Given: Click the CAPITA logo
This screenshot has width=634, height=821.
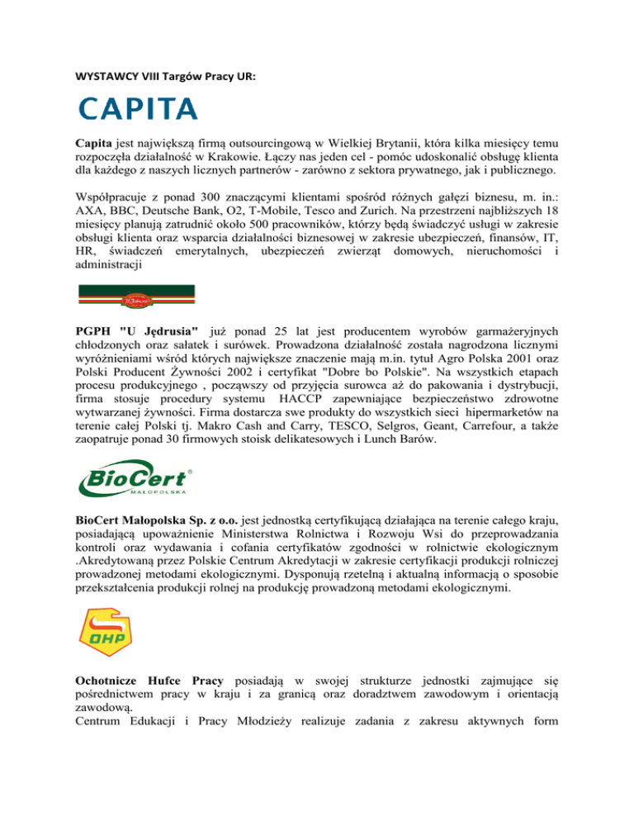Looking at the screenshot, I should pos(138,108).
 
